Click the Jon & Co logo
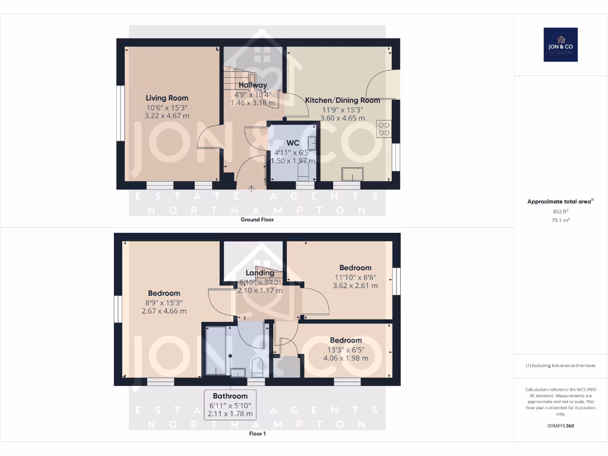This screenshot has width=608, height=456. click(560, 45)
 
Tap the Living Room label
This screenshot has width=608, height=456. click(167, 98)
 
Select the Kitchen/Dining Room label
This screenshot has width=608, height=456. click(343, 100)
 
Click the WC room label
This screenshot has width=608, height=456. click(293, 143)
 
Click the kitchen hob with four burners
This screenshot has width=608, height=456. click(384, 129)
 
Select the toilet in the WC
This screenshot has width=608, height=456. click(305, 172)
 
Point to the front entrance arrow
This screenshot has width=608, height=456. click(252, 190)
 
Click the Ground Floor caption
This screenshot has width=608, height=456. click(257, 220)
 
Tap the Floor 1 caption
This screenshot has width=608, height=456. click(257, 434)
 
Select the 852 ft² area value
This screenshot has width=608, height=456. click(560, 211)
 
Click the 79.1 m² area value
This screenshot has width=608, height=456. click(560, 220)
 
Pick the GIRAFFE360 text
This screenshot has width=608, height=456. click(560, 426)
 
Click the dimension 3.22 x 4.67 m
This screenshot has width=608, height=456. click(167, 116)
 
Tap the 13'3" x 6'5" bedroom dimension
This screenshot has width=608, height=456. click(346, 350)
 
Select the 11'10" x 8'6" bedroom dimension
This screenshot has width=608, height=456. click(355, 277)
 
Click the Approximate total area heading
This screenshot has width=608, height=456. click(559, 202)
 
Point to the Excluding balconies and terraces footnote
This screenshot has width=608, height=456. click(560, 366)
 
